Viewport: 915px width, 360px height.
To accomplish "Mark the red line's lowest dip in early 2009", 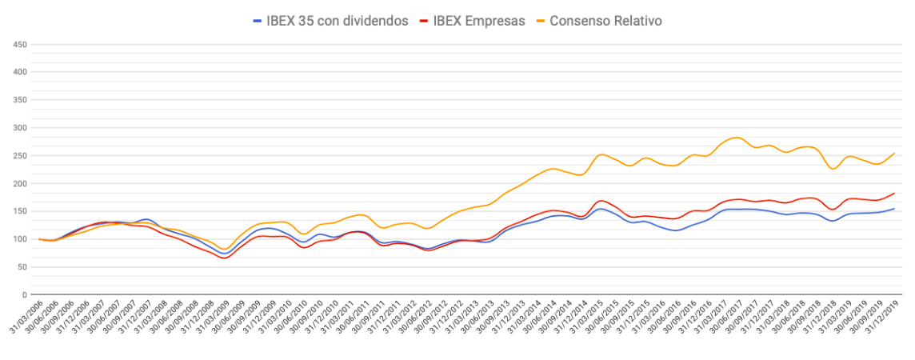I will (223, 258).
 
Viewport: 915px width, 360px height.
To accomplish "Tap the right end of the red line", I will (894, 194).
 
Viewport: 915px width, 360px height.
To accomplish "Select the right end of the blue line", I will (894, 209).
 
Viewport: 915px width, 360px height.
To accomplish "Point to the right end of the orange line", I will (894, 153).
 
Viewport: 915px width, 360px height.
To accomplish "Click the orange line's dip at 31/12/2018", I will (833, 169).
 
